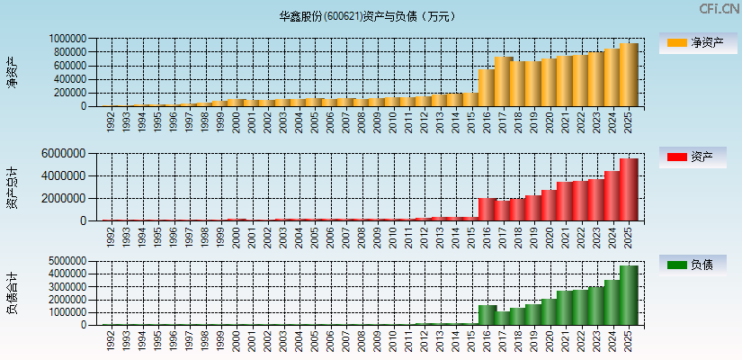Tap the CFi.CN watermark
[720, 9]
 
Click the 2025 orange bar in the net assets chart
[629, 76]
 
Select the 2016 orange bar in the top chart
[487, 88]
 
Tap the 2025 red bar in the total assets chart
[629, 190]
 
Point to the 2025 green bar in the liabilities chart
[629, 295]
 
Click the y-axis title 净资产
[13, 72]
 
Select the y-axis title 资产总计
[13, 186]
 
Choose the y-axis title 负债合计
[13, 293]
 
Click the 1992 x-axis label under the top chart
[110, 121]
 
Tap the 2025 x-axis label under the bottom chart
[629, 338]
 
